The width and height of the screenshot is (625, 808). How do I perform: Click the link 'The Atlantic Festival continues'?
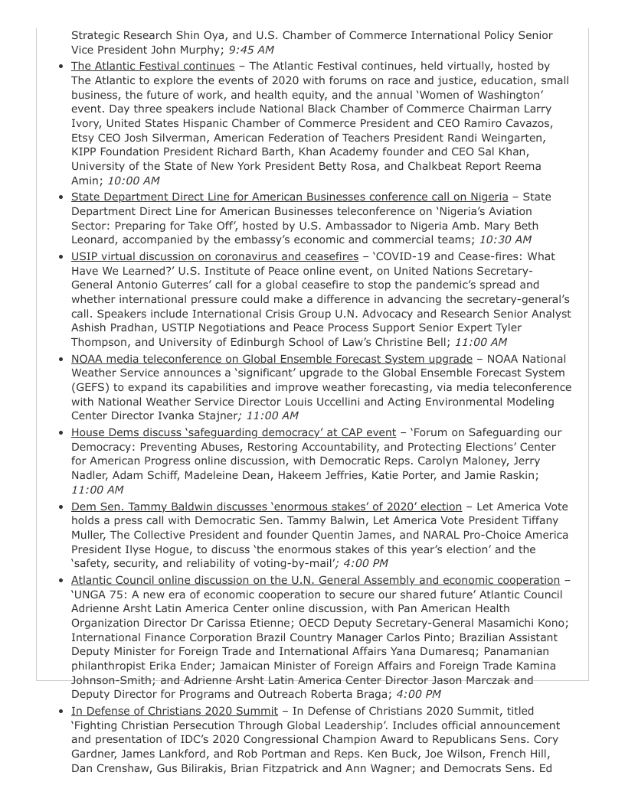[x=152, y=66]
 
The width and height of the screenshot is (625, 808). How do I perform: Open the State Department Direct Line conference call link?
[x=289, y=197]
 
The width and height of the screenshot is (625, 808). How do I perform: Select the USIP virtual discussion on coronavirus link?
[x=214, y=256]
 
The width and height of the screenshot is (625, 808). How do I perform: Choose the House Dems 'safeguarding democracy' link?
[x=234, y=432]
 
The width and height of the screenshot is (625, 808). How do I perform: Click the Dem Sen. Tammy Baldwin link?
[x=266, y=507]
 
